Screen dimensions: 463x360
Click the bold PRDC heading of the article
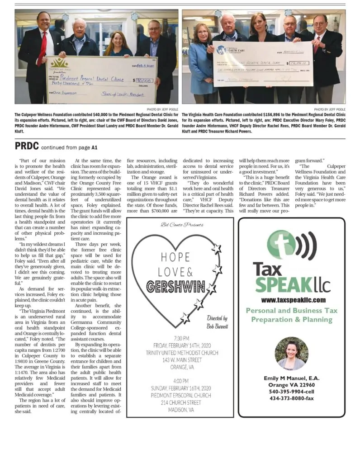(x=27, y=146)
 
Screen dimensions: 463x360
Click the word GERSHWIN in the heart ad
(x=176, y=287)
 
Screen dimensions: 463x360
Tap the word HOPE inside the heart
(x=175, y=257)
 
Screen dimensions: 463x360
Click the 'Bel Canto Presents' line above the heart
(x=182, y=225)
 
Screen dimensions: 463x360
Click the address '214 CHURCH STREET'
(x=180, y=403)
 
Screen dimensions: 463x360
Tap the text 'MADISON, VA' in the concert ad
(x=180, y=410)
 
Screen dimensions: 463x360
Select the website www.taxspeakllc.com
(x=293, y=300)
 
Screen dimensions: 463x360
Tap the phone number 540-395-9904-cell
(x=291, y=392)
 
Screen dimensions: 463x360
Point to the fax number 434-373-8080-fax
(x=291, y=398)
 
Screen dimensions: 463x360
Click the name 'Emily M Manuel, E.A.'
(x=291, y=378)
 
